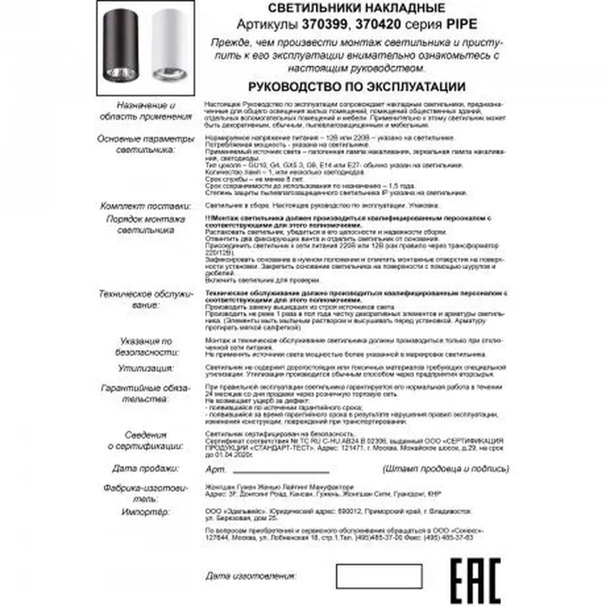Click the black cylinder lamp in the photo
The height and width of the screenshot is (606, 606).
coord(120,45)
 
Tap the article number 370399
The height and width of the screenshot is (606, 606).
coord(324,24)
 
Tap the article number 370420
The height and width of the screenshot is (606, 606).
coord(378,24)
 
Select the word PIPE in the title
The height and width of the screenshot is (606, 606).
coord(462,24)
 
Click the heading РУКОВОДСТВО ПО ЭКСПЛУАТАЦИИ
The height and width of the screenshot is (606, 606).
coord(357,87)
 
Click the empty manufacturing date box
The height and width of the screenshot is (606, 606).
coord(379,576)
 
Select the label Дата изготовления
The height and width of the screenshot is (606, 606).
coord(251,576)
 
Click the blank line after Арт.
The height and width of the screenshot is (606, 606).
coord(281,471)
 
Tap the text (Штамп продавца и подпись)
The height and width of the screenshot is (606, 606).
coord(446,469)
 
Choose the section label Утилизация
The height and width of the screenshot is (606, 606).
coord(146,369)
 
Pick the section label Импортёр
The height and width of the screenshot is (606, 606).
coord(145,512)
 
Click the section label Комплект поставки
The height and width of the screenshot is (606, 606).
coord(146,206)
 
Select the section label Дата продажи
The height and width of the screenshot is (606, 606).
coord(146,469)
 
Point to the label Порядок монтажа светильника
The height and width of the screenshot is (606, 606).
coord(146,224)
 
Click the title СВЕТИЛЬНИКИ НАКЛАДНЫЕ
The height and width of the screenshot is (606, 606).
coord(357,8)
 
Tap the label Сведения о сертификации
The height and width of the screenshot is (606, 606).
coord(146,440)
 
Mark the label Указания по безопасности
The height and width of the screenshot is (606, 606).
coord(146,347)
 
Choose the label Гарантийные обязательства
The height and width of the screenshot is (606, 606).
coord(146,394)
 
